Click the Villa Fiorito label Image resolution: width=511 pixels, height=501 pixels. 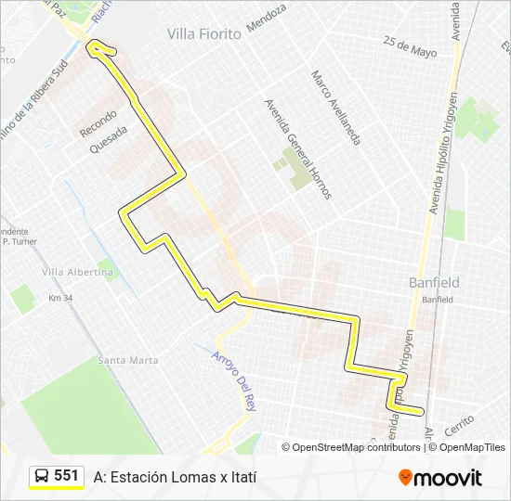[203, 33]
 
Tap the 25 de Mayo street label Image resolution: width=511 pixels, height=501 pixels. [409, 46]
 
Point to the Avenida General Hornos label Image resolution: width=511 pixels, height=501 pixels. [297, 149]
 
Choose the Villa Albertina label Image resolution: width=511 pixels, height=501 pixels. [78, 272]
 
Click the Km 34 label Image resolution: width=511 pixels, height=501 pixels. [60, 299]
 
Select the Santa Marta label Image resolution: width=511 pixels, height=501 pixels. [127, 360]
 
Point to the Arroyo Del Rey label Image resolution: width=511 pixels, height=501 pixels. [233, 381]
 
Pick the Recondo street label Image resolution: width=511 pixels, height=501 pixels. [98, 121]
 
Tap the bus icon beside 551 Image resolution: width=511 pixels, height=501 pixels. [42, 477]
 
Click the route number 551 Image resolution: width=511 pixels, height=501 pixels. [66, 476]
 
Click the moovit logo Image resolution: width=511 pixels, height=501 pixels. [440, 478]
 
